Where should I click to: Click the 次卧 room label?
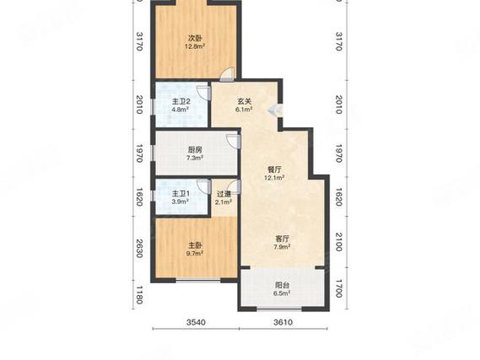[195, 39]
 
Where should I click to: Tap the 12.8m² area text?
[195, 46]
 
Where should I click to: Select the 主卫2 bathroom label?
[181, 101]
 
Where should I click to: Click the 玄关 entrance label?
[244, 101]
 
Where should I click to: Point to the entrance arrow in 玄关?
[272, 110]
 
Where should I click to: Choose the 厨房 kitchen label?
[195, 150]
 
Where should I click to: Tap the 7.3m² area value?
[195, 158]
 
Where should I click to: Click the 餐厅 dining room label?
[274, 169]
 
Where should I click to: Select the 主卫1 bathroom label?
[181, 194]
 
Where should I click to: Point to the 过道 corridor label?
[224, 194]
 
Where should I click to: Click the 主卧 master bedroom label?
[195, 245]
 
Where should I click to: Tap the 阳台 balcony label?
[282, 285]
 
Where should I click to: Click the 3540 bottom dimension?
[197, 322]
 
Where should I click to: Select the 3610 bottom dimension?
[283, 322]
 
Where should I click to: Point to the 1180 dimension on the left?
[139, 295]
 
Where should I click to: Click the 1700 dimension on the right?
[339, 288]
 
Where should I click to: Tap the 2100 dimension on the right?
[339, 242]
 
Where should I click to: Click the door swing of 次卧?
[228, 74]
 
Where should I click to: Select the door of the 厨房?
[235, 142]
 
